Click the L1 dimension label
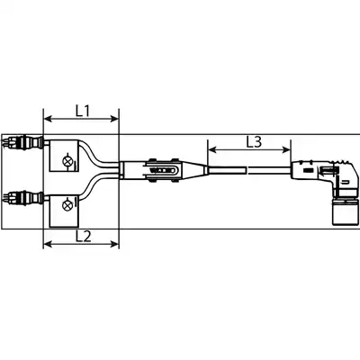pos(83,112)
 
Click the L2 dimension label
pos(83,237)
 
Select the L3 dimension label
pos(254,142)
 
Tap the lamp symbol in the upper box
pos(66,161)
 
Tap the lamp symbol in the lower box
pos(66,205)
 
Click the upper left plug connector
pos(23,141)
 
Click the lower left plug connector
pos(23,198)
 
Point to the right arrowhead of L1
pos(115,119)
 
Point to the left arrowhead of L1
pos(48,119)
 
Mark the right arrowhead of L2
pos(115,244)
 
